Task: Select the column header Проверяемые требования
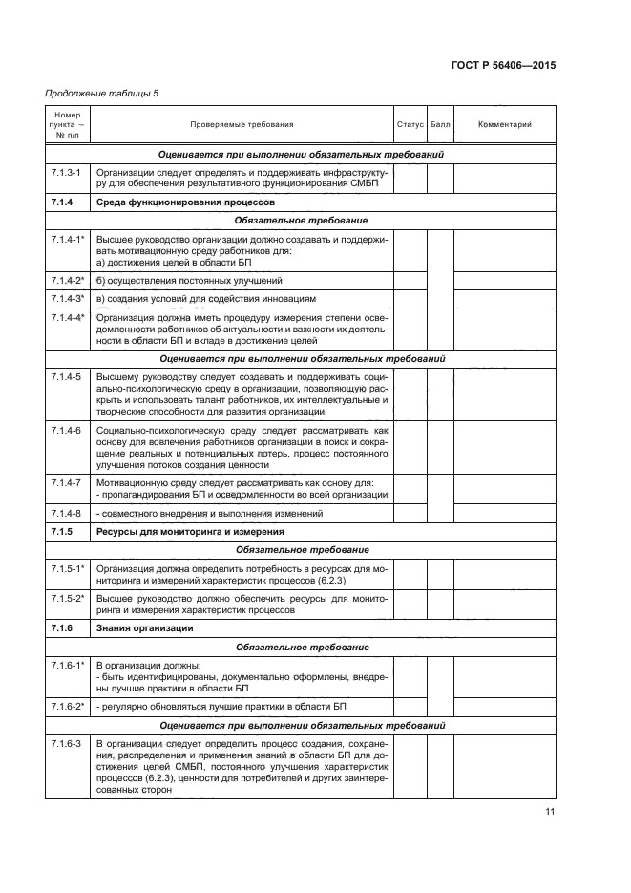pyautogui.click(x=242, y=124)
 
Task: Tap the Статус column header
pyautogui.click(x=410, y=124)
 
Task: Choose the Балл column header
pyautogui.click(x=440, y=124)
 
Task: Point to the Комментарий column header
pyautogui.click(x=504, y=124)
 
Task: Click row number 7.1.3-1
pyautogui.click(x=65, y=171)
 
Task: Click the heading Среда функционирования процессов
pyautogui.click(x=185, y=202)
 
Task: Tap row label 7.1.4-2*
pyautogui.click(x=68, y=281)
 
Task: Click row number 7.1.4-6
pyautogui.click(x=65, y=431)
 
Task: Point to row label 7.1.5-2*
pyautogui.click(x=68, y=598)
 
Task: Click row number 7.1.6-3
pyautogui.click(x=65, y=743)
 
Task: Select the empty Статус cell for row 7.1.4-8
pyautogui.click(x=410, y=513)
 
